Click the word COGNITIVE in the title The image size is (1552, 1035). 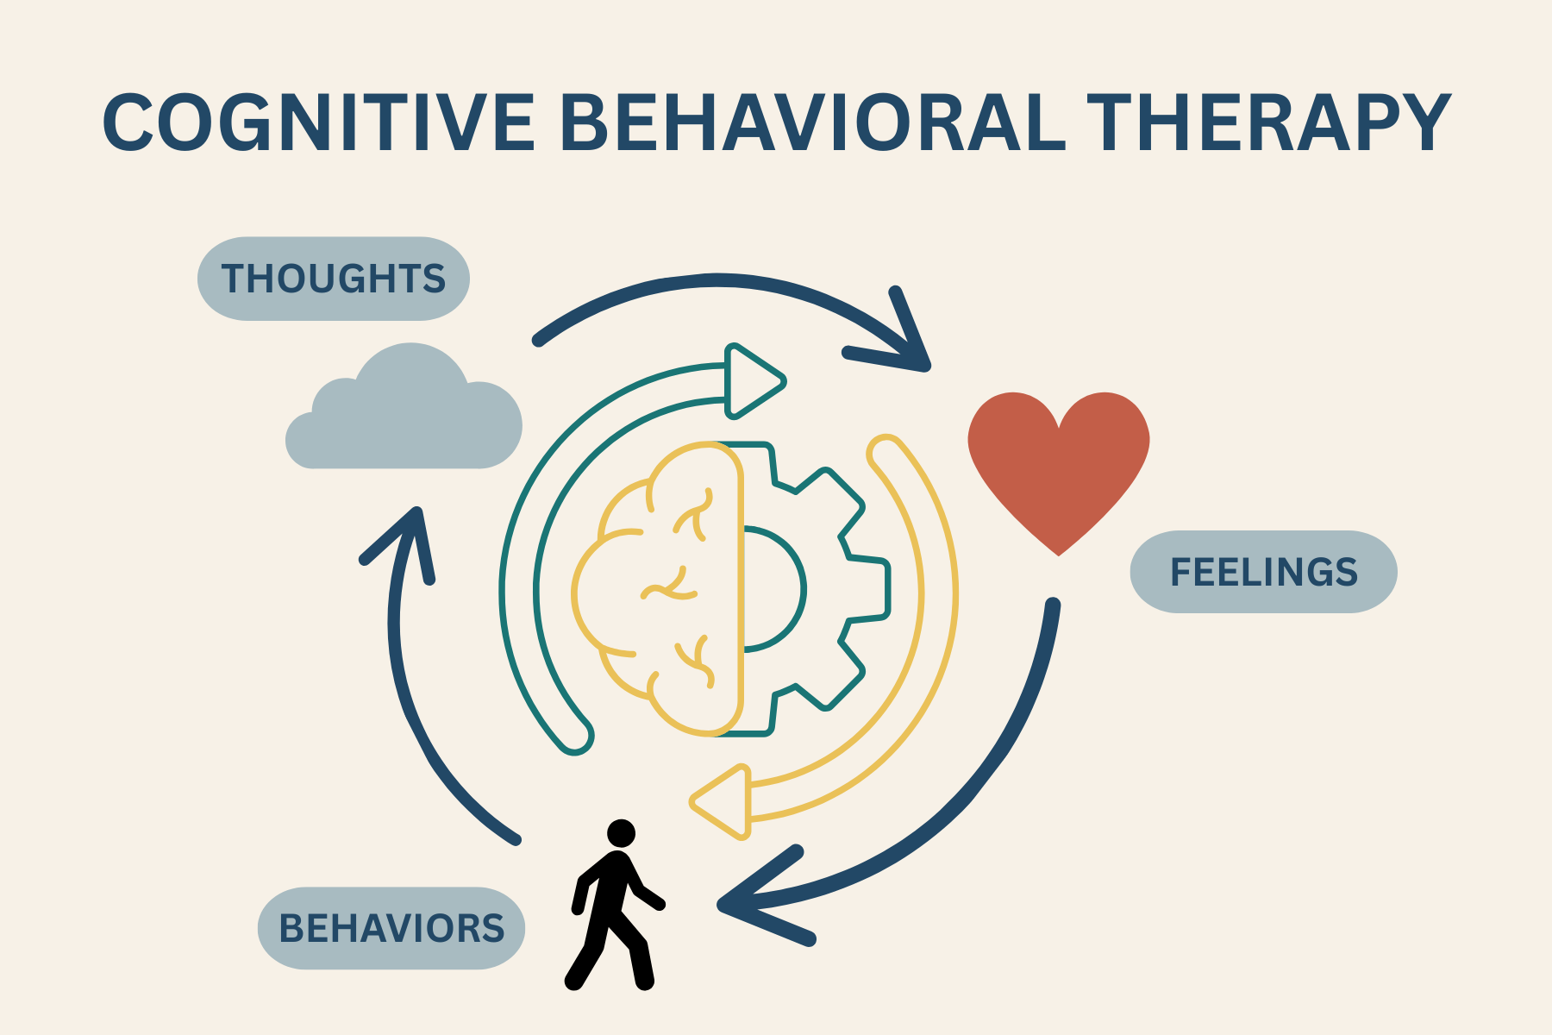[x=319, y=122]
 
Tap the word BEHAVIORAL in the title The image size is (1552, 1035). [x=812, y=122]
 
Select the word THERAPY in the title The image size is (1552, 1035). [x=1267, y=122]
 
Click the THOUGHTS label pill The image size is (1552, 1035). [x=334, y=279]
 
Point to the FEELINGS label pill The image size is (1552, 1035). [x=1263, y=572]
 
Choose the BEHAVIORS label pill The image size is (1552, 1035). [x=391, y=928]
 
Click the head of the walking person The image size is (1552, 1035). [x=621, y=833]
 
